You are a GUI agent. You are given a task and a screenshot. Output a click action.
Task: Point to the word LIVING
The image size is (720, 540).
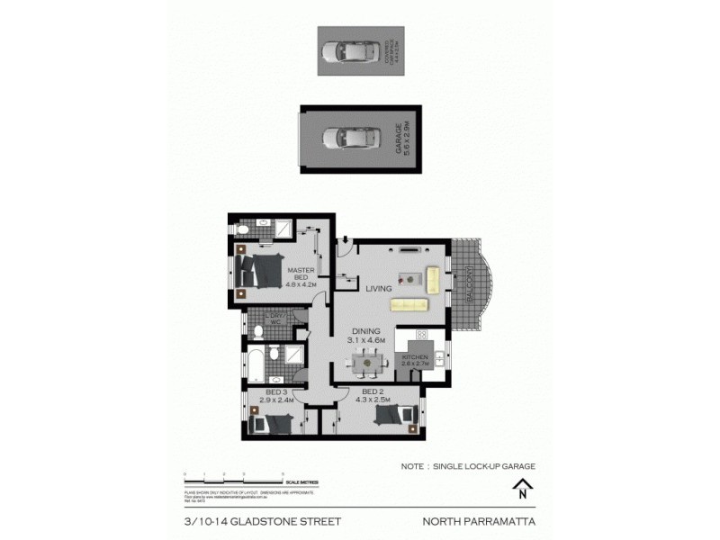pos(379,289)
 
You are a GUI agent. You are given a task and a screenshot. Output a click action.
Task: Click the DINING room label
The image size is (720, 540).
pos(366,336)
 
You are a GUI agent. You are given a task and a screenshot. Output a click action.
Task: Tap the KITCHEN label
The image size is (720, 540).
pos(415,362)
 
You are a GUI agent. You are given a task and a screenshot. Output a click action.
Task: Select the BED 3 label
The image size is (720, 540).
pos(273,395)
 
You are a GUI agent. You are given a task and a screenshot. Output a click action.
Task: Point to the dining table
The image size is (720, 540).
pos(366,363)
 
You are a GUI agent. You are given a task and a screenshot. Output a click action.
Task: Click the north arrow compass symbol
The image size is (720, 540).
pos(520,490)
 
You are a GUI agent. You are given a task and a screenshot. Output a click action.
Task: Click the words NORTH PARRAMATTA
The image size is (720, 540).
pos(480,520)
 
